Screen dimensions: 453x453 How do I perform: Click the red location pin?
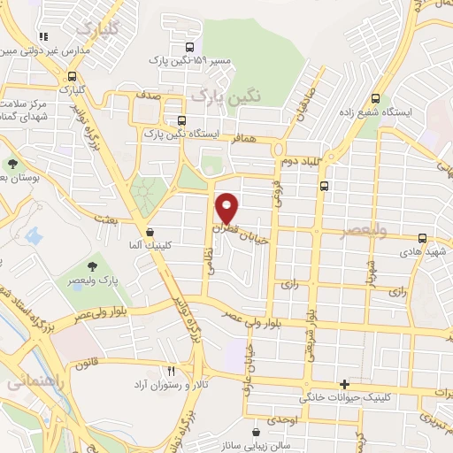coord(228,207)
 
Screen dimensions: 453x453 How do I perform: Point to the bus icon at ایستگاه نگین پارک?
coord(182,120)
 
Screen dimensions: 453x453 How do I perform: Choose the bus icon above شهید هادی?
coord(422,237)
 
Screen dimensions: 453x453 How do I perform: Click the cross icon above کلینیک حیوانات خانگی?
coord(344,384)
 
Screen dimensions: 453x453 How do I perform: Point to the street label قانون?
coord(96,361)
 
